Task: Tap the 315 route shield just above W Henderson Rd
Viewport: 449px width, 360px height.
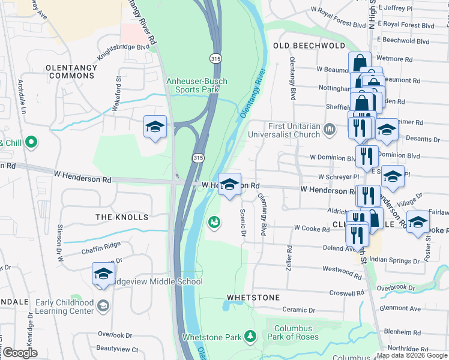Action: tap(197, 157)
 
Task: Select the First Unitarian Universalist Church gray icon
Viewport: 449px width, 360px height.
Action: tap(330, 129)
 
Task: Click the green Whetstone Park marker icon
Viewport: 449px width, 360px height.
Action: tap(250, 337)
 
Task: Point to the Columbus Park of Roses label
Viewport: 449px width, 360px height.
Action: tap(294, 333)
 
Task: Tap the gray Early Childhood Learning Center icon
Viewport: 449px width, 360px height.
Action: tap(103, 307)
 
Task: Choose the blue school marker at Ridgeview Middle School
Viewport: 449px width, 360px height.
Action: tap(103, 274)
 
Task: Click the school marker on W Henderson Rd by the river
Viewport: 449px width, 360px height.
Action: tap(229, 184)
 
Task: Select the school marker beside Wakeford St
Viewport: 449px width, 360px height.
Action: tap(155, 127)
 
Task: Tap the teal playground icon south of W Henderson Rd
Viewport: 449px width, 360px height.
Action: tap(213, 223)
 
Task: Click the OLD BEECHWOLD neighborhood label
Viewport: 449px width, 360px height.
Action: tap(309, 46)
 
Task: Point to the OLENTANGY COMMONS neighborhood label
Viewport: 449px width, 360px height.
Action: tap(71, 71)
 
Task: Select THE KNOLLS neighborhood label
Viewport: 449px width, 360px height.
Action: tap(122, 216)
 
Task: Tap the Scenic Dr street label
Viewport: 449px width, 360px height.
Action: tap(243, 221)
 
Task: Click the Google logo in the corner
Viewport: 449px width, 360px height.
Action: tap(20, 353)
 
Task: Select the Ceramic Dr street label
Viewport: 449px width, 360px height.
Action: tap(299, 310)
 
